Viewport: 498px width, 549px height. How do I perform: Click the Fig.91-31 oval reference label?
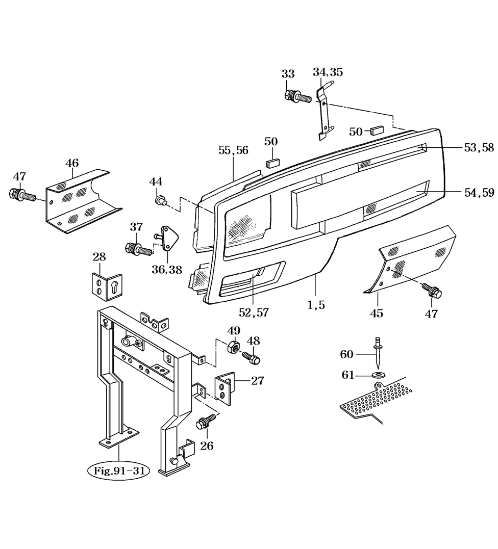click(118, 470)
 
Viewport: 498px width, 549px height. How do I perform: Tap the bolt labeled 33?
click(296, 96)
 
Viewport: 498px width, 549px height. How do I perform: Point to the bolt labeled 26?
click(205, 422)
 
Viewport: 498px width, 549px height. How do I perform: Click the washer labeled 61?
click(379, 376)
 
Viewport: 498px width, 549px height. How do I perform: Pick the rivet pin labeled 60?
click(377, 352)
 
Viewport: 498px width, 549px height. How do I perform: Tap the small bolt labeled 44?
click(160, 201)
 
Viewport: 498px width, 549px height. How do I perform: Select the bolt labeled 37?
click(138, 249)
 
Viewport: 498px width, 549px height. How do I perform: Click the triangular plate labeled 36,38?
click(168, 238)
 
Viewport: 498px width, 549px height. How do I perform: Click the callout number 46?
click(72, 163)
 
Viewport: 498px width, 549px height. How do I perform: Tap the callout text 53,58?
click(479, 148)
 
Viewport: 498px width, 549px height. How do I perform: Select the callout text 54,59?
click(479, 192)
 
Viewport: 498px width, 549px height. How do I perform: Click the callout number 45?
click(377, 313)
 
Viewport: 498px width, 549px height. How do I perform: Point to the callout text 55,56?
click(233, 150)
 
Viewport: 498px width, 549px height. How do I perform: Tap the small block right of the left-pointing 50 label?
click(378, 129)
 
